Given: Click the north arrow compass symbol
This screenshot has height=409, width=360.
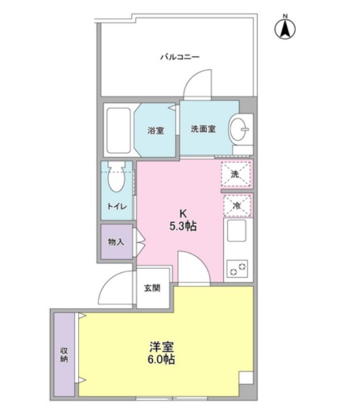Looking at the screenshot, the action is coord(285,27).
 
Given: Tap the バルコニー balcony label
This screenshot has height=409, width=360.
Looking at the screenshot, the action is coord(180,57).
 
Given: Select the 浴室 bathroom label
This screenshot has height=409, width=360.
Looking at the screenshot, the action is coord(155,130).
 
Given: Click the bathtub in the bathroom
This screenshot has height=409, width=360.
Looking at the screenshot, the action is coord(119,130).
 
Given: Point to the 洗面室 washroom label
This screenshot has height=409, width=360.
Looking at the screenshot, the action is coord(203,129).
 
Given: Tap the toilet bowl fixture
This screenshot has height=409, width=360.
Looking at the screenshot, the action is coord(116,176).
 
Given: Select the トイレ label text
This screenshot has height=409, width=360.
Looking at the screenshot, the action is coord(117,207).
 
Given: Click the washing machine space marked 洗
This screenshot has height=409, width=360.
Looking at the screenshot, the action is coord(236,175).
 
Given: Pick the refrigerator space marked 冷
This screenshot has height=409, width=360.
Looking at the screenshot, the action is coord(237,206).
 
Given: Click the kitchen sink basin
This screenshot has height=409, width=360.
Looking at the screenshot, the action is coord(237,230).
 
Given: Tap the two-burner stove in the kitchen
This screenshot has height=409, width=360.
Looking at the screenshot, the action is coord(238,268).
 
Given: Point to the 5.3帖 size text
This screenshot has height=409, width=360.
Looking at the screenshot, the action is coord(183,227).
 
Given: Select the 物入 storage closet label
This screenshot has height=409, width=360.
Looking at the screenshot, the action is coord(116,242).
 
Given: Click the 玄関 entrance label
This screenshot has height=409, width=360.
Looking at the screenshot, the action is coord(152,288).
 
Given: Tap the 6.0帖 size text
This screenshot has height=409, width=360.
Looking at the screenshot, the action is coord(161,360).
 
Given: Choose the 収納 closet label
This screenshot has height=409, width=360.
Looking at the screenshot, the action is coord(64,355).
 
